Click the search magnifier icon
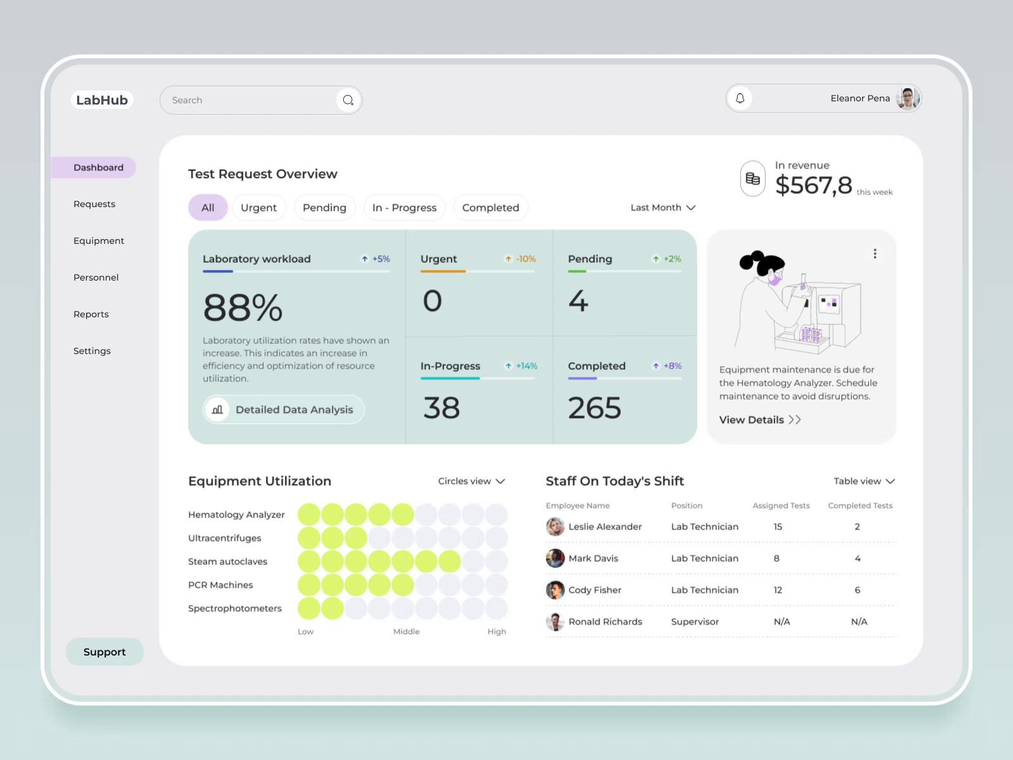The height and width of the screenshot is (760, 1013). pyautogui.click(x=348, y=100)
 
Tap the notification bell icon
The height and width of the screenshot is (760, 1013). pyautogui.click(x=739, y=98)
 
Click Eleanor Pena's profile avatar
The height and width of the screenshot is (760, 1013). pyautogui.click(x=908, y=98)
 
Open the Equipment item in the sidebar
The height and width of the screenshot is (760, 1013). pyautogui.click(x=99, y=241)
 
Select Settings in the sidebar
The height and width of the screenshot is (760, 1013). pyautogui.click(x=92, y=351)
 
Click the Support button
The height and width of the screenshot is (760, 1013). pyautogui.click(x=104, y=652)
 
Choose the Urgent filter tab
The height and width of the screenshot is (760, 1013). pyautogui.click(x=258, y=208)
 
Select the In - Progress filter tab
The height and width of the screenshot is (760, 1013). pyautogui.click(x=404, y=208)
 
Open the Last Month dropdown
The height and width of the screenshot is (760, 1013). pyautogui.click(x=662, y=208)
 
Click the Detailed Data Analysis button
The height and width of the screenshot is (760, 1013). pyautogui.click(x=284, y=410)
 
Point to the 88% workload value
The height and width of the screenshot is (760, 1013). pyautogui.click(x=242, y=308)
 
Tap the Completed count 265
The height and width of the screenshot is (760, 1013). pyautogui.click(x=594, y=408)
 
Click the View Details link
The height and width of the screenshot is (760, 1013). pyautogui.click(x=760, y=420)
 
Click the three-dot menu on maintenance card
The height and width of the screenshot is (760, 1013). pyautogui.click(x=875, y=253)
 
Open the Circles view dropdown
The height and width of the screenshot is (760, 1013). pyautogui.click(x=471, y=481)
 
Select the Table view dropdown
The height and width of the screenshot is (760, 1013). pyautogui.click(x=864, y=481)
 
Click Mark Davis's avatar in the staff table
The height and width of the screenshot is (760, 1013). pyautogui.click(x=555, y=558)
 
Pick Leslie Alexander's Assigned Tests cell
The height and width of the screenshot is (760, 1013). pyautogui.click(x=777, y=526)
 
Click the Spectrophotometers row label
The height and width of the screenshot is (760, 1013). pyautogui.click(x=235, y=608)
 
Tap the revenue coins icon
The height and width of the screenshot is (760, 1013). pyautogui.click(x=753, y=179)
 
